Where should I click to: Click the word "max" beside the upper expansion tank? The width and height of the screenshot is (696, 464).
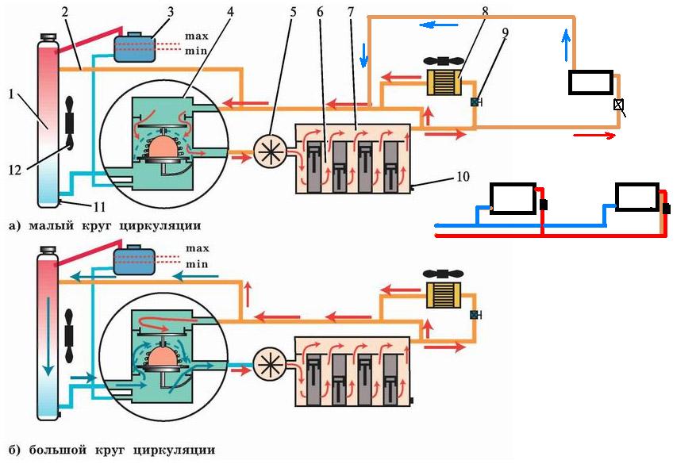click(x=197, y=36)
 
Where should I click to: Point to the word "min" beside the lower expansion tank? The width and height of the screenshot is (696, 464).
click(x=197, y=263)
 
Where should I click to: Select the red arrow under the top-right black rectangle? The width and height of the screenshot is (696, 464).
click(x=594, y=136)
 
